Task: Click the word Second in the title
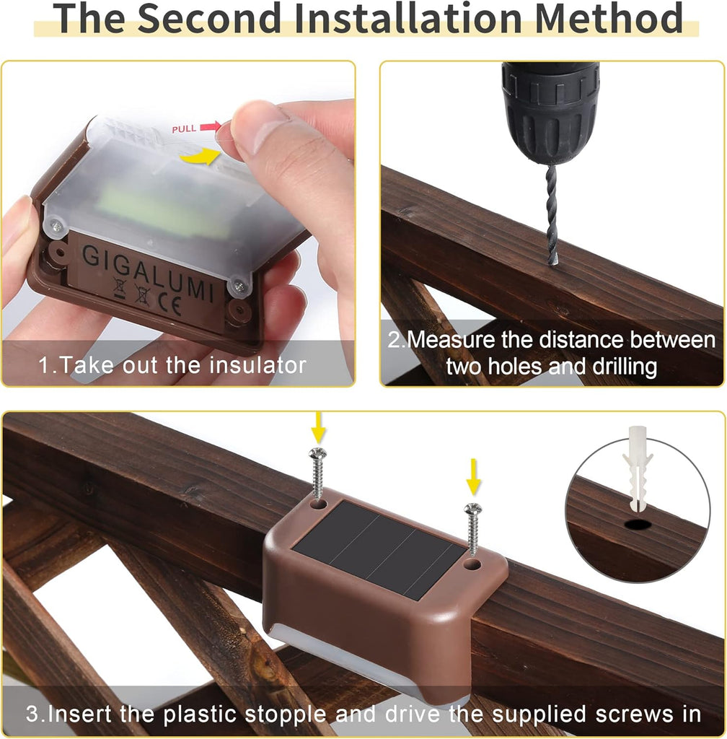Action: point(211,18)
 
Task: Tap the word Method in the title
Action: point(609,18)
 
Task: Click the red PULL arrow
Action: point(210,126)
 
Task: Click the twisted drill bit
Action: point(552,214)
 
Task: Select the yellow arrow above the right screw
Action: point(473,477)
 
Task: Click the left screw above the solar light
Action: point(318,473)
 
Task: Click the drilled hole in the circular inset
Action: point(638,524)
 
